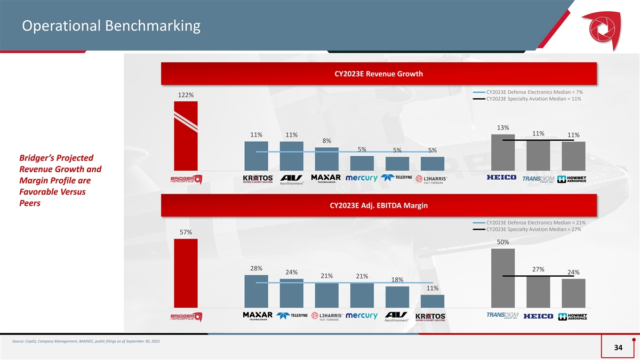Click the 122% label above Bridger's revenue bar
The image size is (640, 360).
186,95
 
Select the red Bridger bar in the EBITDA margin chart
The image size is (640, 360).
186,274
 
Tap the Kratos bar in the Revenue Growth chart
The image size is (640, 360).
257,156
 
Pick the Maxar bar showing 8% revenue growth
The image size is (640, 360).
326,159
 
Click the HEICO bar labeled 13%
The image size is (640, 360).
503,153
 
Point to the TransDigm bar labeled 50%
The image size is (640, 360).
503,278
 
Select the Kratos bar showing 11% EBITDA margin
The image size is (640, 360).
433,301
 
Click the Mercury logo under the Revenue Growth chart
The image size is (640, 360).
362,178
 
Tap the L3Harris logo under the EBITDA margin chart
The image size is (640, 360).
327,316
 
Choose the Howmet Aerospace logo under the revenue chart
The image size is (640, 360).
572,179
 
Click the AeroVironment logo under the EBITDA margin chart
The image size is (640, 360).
396,317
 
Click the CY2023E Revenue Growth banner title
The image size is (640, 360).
379,74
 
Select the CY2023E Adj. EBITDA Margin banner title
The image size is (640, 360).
379,205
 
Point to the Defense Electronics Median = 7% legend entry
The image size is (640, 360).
527,92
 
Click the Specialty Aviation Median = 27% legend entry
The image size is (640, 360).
527,229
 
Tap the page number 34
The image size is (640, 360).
618,347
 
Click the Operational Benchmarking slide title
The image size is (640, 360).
111,26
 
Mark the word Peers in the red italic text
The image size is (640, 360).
30,203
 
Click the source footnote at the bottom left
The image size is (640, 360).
86,341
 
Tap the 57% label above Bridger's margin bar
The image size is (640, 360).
186,233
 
